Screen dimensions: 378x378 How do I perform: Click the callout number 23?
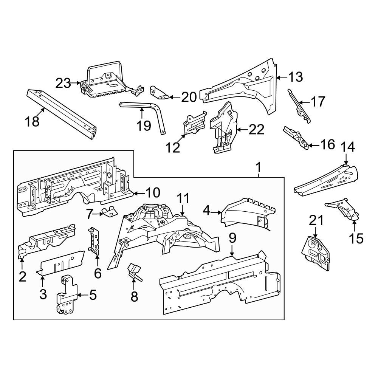point(63,83)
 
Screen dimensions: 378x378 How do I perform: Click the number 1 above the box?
point(259,166)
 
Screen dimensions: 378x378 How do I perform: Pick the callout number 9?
point(232,238)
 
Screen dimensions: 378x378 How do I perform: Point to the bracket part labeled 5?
point(66,297)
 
